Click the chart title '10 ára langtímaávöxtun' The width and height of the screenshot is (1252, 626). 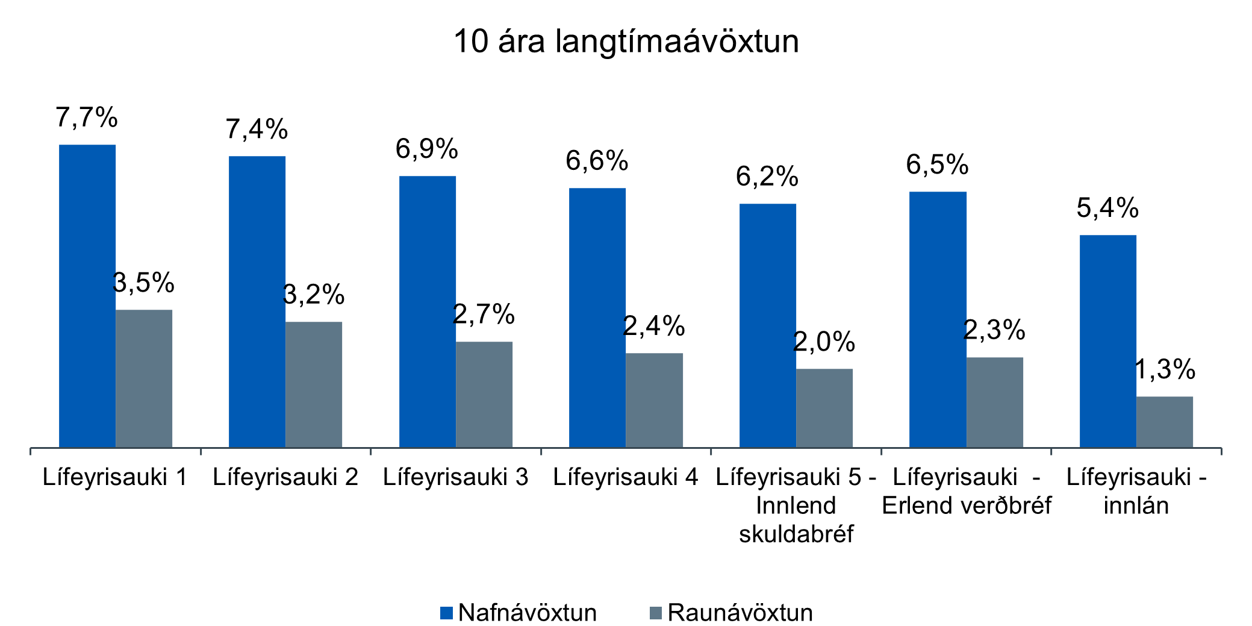click(626, 42)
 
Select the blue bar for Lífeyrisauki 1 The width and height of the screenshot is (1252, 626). click(87, 295)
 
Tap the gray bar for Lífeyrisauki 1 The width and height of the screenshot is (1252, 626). click(144, 378)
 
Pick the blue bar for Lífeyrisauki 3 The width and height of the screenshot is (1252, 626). click(428, 311)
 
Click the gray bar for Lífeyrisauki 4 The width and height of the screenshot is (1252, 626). click(654, 400)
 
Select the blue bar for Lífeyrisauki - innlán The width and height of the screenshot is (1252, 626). click(1107, 340)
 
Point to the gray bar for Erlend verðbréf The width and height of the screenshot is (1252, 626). click(994, 402)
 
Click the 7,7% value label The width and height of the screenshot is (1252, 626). click(87, 117)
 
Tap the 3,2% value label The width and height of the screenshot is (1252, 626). click(314, 295)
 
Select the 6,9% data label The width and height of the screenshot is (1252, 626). click(427, 149)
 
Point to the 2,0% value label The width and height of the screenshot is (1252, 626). click(824, 342)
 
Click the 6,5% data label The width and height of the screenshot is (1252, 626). click(937, 165)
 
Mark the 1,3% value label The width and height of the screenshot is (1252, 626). click(1165, 369)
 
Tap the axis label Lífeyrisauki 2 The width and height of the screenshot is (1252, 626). click(285, 477)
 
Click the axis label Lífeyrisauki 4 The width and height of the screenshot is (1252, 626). click(626, 477)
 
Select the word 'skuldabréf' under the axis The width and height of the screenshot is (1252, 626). click(796, 534)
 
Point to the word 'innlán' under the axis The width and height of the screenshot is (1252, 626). click(1136, 505)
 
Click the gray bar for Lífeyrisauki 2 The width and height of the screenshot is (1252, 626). click(314, 384)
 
